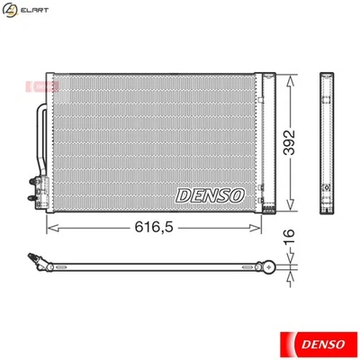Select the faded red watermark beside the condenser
[x=39, y=86]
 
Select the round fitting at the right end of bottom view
[x=266, y=265]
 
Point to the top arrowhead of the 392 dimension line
[x=290, y=78]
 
